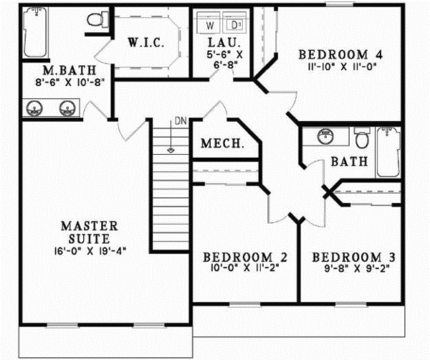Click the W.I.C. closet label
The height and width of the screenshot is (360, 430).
click(x=146, y=43)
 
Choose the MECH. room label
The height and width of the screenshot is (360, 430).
click(x=222, y=143)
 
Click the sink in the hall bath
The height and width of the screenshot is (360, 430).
click(x=325, y=136)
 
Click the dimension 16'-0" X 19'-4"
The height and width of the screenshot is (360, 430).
click(x=85, y=252)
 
